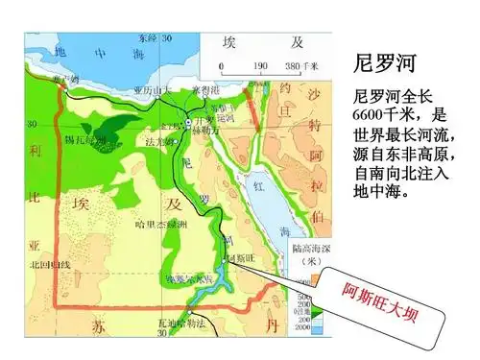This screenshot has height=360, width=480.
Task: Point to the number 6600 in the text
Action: tap(375, 116)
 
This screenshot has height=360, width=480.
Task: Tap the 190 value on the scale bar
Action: tap(258, 67)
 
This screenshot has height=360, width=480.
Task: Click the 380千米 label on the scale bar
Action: tap(300, 67)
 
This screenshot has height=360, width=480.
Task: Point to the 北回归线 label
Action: tap(51, 264)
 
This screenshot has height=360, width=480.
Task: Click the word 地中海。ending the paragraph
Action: tap(380, 192)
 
